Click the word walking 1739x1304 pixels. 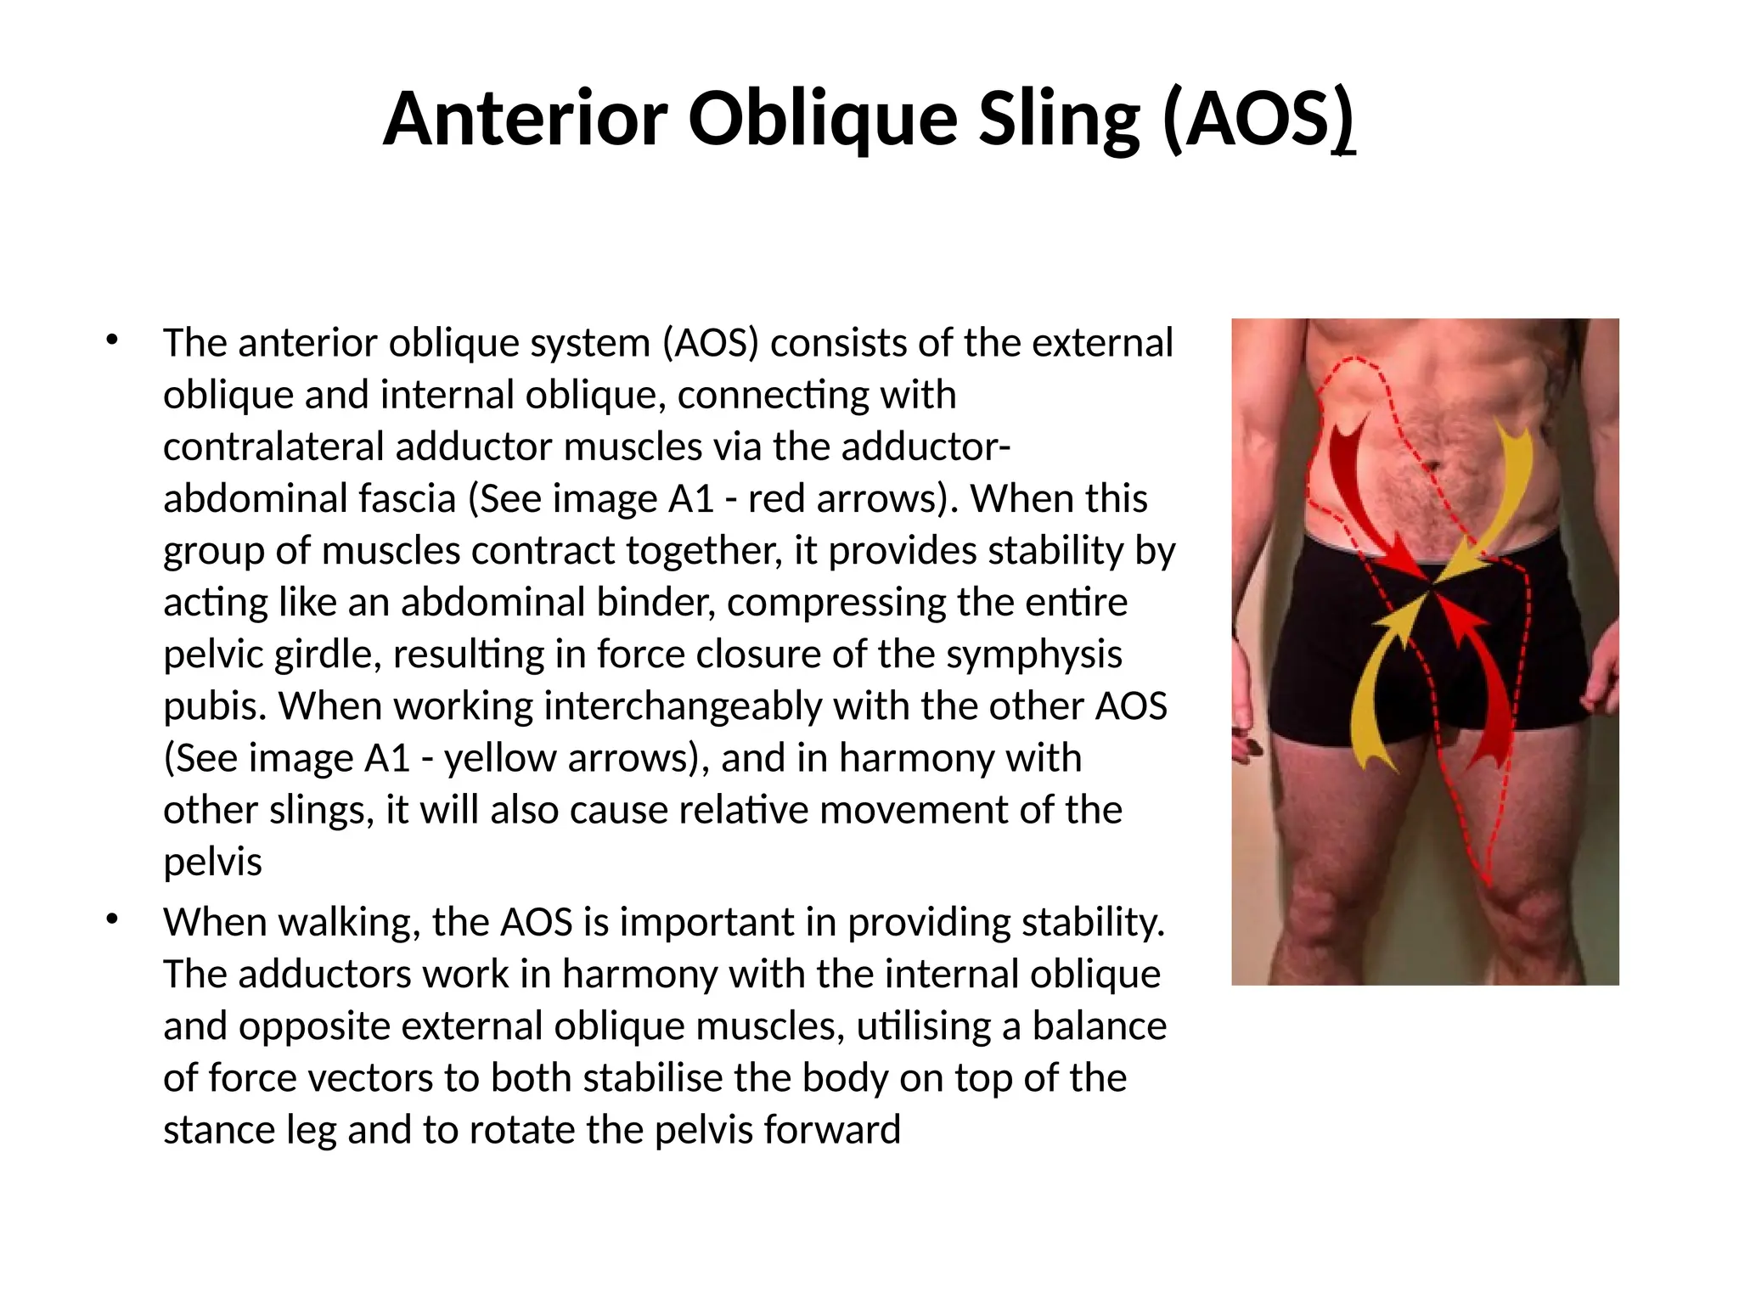pyautogui.click(x=357, y=923)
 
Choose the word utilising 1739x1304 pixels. pyautogui.click(x=924, y=1026)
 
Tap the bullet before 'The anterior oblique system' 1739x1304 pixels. pyautogui.click(x=112, y=340)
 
